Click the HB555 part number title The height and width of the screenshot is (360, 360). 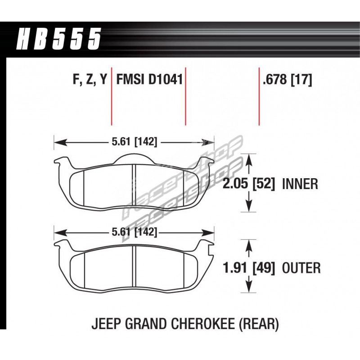coord(59,39)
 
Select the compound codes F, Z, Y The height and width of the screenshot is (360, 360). coord(90,80)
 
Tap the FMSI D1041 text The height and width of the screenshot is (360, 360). coord(149,80)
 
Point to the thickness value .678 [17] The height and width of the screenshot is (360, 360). coord(288,80)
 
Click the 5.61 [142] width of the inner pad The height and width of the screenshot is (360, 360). coord(135,142)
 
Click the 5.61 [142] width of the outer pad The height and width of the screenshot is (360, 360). coord(135,232)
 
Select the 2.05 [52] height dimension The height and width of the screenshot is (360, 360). coord(248,184)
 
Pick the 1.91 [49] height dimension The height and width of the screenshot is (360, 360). coord(248,268)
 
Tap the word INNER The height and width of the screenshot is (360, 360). coord(300,184)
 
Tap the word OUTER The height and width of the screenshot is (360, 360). coord(301,268)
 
